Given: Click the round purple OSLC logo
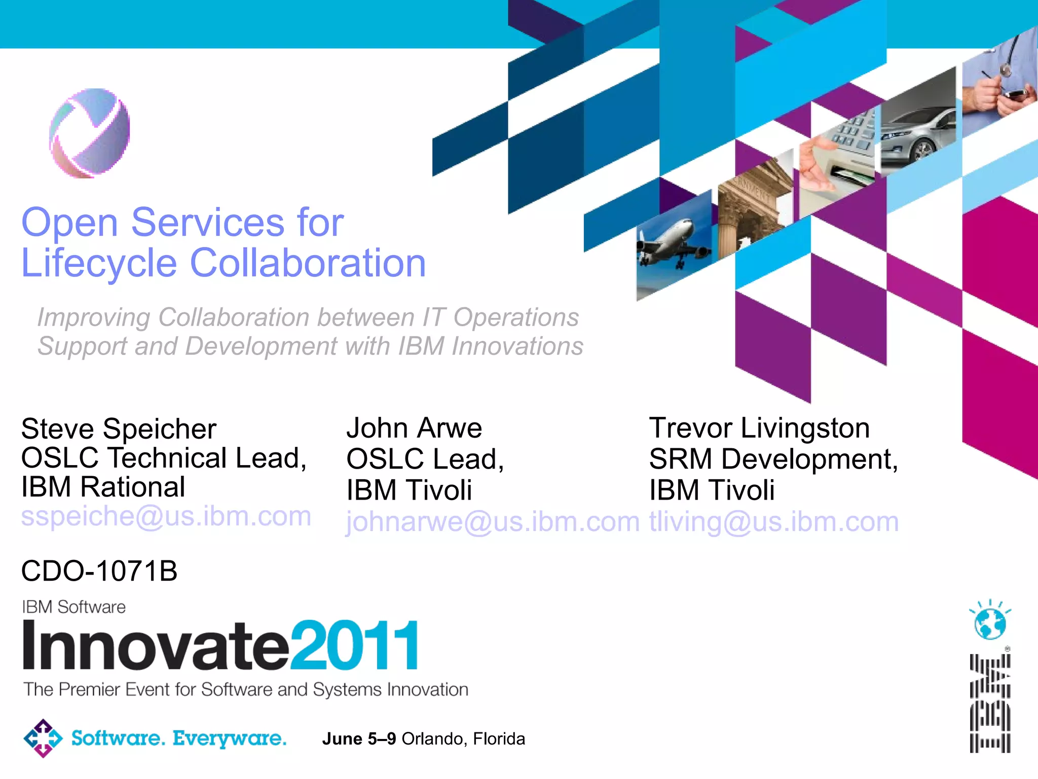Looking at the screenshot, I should pyautogui.click(x=90, y=133).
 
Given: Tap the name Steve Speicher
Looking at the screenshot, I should pyautogui.click(x=119, y=429).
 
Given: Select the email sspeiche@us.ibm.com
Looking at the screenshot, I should pyautogui.click(x=166, y=516).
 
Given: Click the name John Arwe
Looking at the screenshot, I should pyautogui.click(x=414, y=428).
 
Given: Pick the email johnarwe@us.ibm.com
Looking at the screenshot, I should pyautogui.click(x=493, y=522).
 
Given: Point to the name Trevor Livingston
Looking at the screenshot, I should pyautogui.click(x=759, y=428).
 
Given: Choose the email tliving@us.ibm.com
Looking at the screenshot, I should pyautogui.click(x=774, y=522).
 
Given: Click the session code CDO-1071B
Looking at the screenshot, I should pyautogui.click(x=99, y=571).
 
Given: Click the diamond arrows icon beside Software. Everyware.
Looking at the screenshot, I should pyautogui.click(x=43, y=738).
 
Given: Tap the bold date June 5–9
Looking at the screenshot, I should pyautogui.click(x=359, y=739).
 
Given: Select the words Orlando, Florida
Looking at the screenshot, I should pyautogui.click(x=463, y=739).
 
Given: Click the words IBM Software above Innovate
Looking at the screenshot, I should pyautogui.click(x=74, y=607).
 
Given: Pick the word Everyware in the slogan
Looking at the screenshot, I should pyautogui.click(x=230, y=739).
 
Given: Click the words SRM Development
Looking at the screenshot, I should pyautogui.click(x=773, y=459).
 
